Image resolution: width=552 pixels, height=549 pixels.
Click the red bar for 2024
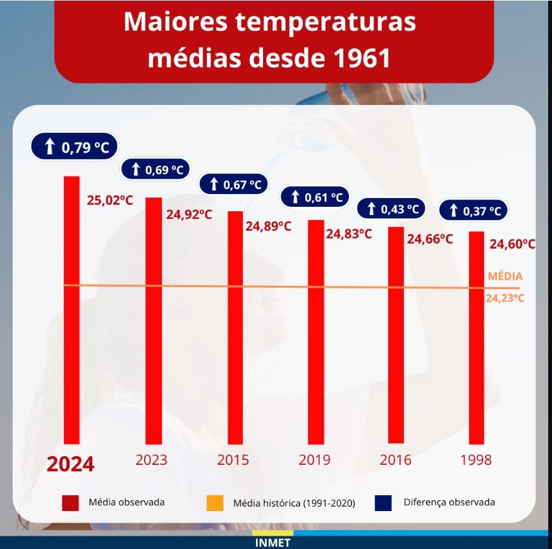[x=71, y=310]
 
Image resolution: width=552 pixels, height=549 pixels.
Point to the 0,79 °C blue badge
[x=75, y=148]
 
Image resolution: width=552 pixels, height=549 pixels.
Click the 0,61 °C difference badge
[x=315, y=197]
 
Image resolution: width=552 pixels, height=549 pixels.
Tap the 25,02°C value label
[x=109, y=200]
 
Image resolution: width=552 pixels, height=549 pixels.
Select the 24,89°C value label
[x=268, y=226]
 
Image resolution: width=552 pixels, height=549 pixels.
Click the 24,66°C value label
[x=430, y=239]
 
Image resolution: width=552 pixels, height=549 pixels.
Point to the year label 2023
[x=152, y=460]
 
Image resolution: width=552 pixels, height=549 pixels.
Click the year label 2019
[x=314, y=460]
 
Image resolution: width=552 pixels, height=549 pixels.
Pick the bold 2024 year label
[x=71, y=464]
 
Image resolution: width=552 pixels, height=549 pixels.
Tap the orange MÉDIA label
[x=505, y=276]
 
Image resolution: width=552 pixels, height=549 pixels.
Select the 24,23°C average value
[x=505, y=299]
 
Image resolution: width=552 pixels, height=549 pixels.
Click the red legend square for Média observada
[x=70, y=502]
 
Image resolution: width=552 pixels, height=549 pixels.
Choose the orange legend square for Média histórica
[x=215, y=503]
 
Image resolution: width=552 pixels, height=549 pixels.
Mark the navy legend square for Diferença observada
[x=383, y=502]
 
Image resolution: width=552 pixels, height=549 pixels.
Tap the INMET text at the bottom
[x=273, y=543]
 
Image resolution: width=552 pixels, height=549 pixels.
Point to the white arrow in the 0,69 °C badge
[x=135, y=170]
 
